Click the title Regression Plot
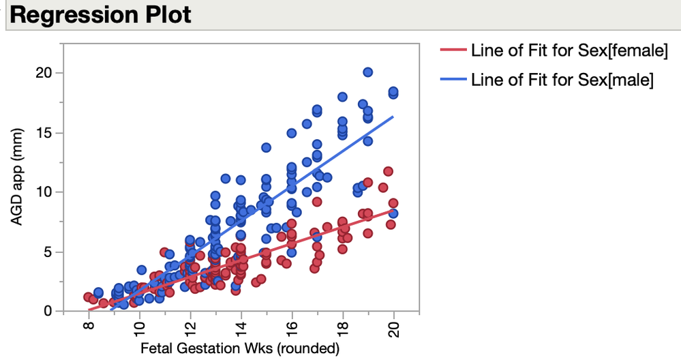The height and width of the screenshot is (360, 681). [x=102, y=15]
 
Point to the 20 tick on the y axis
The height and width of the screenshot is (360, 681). [x=45, y=73]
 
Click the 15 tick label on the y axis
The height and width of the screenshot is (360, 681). [x=45, y=132]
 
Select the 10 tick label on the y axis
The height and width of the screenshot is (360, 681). [x=45, y=192]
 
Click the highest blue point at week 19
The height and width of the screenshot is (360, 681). [x=368, y=72]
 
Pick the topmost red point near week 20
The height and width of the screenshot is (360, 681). [x=389, y=171]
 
